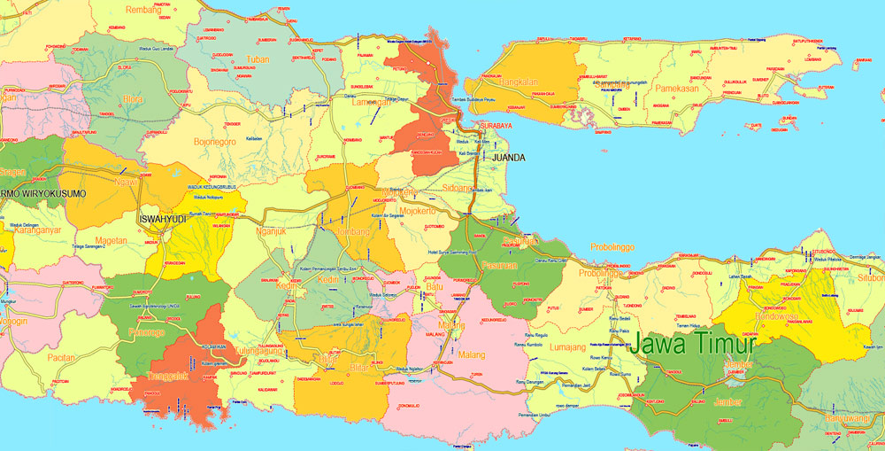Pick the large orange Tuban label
pos(257,60)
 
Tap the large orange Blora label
pos(133,99)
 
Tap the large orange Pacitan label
pos(62,357)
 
